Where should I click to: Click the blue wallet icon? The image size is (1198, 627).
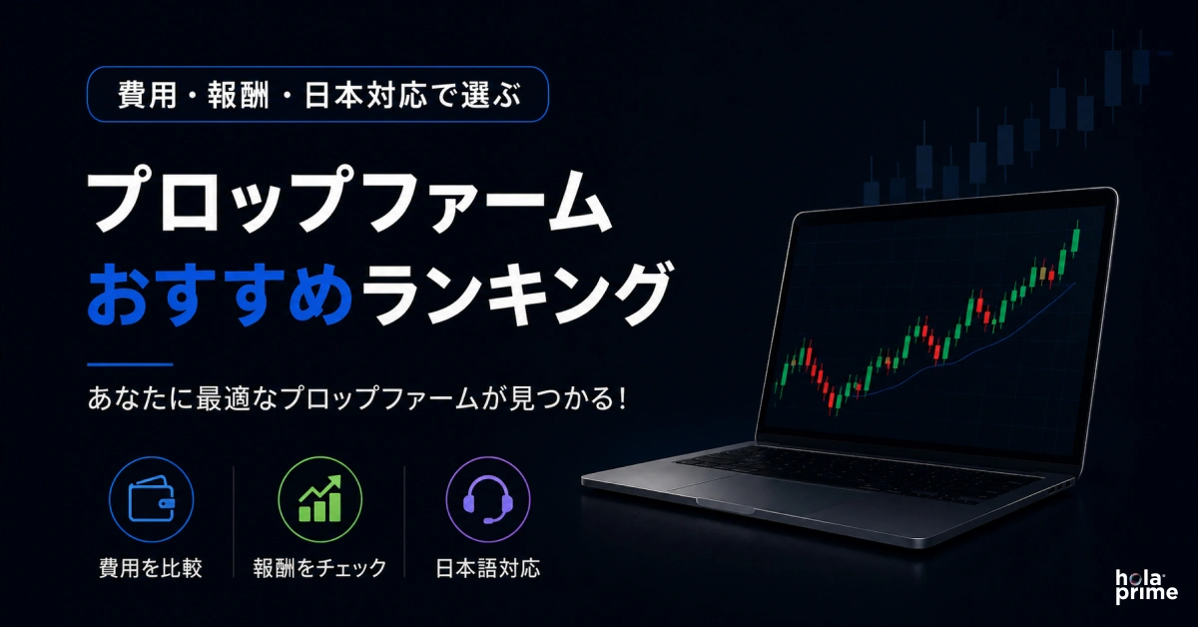152,499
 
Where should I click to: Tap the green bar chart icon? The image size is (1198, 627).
319,498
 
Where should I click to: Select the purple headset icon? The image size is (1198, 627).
488,499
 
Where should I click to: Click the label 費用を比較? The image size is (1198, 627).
151,568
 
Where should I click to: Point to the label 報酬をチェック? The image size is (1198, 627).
319,568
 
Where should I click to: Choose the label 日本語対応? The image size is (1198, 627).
488,568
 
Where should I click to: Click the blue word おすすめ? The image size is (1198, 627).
220,294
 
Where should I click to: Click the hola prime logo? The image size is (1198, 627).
1146,587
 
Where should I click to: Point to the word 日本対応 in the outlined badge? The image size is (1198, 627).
365,95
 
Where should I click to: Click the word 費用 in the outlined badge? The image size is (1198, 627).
147,95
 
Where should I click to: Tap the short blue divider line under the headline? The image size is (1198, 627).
130,364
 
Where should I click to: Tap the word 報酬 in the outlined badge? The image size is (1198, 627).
238,95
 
